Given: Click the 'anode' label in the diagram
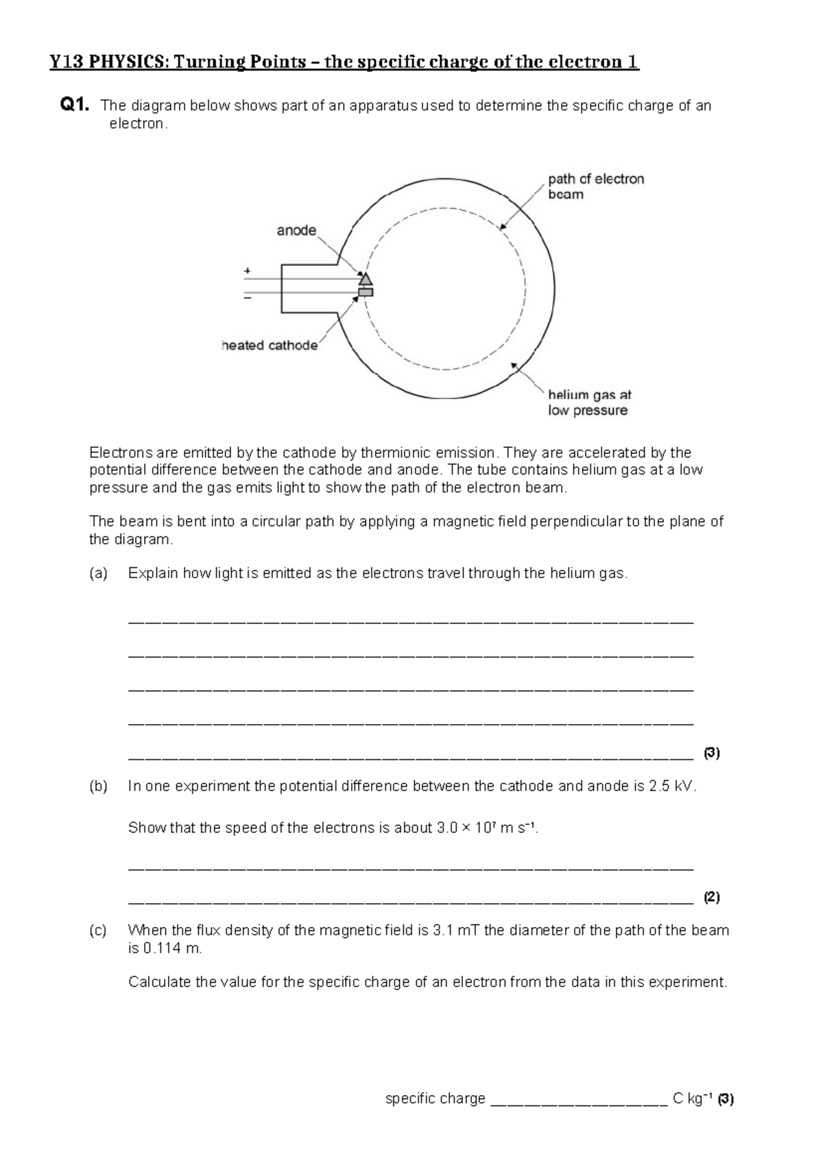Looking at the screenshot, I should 296,231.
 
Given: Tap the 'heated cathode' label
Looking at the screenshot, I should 270,346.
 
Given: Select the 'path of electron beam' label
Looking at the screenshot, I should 595,187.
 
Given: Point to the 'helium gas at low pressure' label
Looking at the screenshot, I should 589,403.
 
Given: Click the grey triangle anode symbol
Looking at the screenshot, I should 366,278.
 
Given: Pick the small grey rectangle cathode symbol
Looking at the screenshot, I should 366,293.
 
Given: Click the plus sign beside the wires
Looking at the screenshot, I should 247,271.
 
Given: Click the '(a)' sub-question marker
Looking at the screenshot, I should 99,573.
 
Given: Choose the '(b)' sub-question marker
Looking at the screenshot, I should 99,787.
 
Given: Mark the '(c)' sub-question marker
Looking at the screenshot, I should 99,931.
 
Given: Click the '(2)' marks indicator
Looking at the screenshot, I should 712,897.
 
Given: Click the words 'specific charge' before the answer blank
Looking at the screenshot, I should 436,1099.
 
